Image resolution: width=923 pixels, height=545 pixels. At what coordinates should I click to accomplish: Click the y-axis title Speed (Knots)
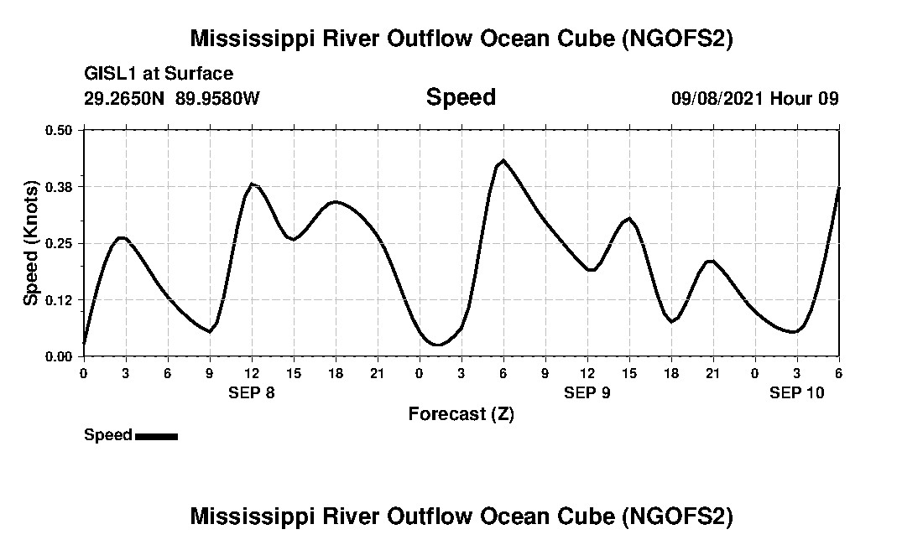(x=31, y=243)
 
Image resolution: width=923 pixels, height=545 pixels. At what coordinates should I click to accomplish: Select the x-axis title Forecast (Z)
(x=461, y=413)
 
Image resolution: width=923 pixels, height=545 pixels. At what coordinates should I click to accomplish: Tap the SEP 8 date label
(x=252, y=392)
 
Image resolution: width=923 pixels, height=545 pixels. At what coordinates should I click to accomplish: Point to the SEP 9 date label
(x=587, y=392)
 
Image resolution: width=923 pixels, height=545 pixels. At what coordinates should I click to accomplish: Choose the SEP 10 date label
(x=797, y=392)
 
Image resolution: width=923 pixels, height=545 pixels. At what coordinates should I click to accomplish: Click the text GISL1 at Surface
(x=159, y=75)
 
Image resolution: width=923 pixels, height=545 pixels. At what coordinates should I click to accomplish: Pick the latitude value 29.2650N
(x=125, y=98)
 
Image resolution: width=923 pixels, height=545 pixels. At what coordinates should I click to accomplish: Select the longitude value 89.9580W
(x=217, y=98)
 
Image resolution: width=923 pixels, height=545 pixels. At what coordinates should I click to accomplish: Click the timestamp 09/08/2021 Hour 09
(x=754, y=98)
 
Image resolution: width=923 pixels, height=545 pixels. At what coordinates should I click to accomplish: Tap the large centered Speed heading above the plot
(x=461, y=97)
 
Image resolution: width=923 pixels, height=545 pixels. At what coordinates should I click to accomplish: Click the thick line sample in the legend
(x=156, y=436)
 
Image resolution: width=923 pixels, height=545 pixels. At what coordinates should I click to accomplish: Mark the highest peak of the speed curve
(x=503, y=160)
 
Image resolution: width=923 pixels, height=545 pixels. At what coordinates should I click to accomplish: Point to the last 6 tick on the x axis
(x=838, y=373)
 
